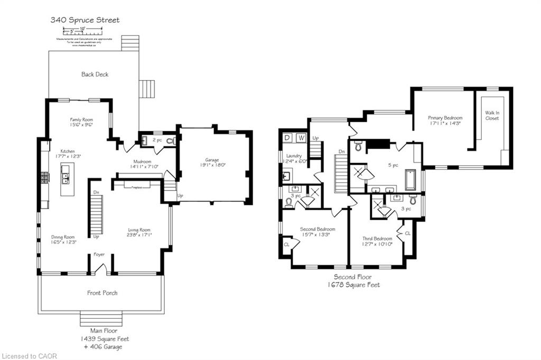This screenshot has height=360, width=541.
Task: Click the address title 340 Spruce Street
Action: click(85, 20)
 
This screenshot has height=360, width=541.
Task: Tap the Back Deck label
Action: click(95, 74)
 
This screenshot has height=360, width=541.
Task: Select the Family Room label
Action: click(82, 120)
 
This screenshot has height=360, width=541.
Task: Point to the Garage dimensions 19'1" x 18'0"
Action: click(212, 165)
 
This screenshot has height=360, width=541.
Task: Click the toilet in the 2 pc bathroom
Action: click(169, 141)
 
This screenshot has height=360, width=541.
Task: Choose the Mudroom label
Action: click(142, 162)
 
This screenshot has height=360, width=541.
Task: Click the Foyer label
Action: click(99, 254)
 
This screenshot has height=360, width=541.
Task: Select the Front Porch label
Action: click(102, 293)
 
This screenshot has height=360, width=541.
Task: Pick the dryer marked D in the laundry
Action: click(287, 138)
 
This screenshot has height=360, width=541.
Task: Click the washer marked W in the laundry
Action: click(301, 138)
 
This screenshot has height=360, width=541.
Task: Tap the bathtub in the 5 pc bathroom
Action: click(412, 180)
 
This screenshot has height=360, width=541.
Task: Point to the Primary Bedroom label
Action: click(445, 118)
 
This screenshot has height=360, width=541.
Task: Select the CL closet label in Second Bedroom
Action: click(286, 245)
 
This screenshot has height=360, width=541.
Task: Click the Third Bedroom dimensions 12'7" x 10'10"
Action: click(377, 244)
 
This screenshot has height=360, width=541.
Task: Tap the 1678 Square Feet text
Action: click(352, 285)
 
